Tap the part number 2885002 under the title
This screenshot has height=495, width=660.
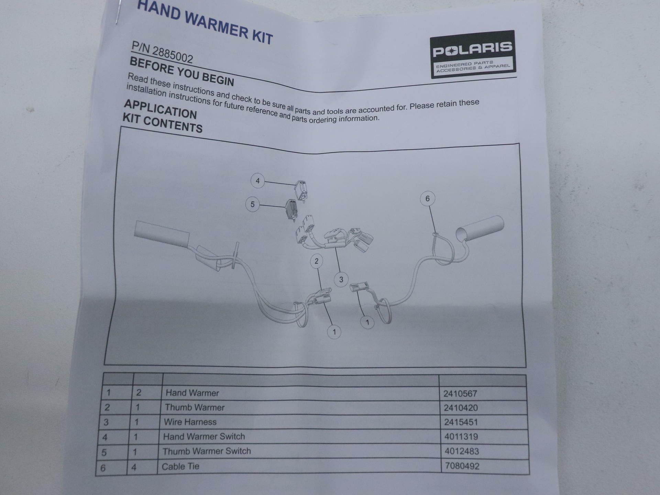[162, 53]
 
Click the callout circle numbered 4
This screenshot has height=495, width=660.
[257, 181]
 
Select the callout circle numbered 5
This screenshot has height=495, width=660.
[252, 205]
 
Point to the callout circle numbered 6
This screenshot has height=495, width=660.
[427, 199]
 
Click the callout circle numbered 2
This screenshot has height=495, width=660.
[316, 261]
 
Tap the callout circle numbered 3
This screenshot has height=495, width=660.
[341, 279]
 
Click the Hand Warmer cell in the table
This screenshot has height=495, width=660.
[192, 393]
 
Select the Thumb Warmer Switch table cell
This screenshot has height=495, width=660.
[207, 451]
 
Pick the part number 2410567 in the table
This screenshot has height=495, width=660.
[460, 394]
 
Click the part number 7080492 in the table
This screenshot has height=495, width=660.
[462, 466]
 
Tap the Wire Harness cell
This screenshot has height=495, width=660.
[190, 422]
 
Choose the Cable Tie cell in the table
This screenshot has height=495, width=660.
[180, 466]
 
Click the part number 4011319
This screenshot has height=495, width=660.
[461, 437]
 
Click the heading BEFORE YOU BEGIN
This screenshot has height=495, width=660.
[182, 71]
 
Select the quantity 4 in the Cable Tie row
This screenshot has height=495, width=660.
[134, 467]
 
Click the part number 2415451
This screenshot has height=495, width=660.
[461, 422]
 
